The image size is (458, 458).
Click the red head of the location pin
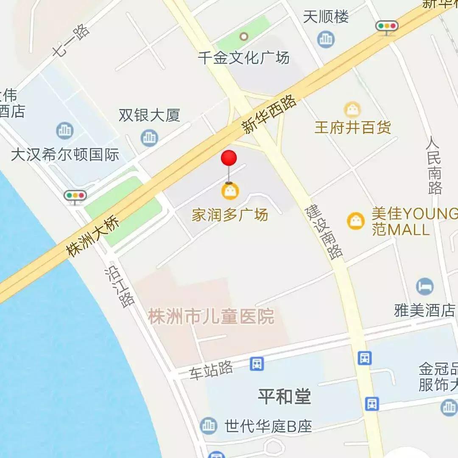229,158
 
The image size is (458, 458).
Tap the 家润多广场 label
229,215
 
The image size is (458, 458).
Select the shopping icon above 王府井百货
352,110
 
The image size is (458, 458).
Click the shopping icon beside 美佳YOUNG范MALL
356,221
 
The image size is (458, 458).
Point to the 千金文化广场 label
243,57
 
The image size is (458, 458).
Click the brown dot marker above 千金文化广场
243,36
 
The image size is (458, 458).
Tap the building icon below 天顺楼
326,39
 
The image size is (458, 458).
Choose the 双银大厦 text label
149,115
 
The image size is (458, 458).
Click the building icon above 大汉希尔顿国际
65,131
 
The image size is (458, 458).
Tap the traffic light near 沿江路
75,196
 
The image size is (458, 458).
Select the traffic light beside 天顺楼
387,26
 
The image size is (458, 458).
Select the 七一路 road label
71,40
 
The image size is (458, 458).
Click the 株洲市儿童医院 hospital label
211,317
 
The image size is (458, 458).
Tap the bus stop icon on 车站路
257,363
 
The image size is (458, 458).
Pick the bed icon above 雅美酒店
424,287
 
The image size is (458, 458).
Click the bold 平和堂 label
284,397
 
